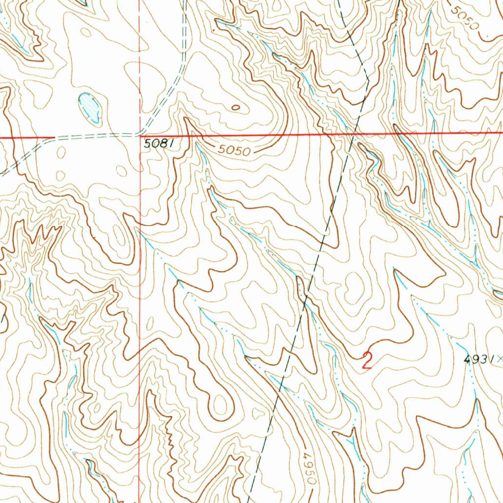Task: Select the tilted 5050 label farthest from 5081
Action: [464, 17]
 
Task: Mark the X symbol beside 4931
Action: [500, 360]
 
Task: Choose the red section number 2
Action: [366, 361]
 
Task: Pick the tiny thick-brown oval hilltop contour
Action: [236, 107]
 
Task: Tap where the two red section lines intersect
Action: [140, 136]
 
